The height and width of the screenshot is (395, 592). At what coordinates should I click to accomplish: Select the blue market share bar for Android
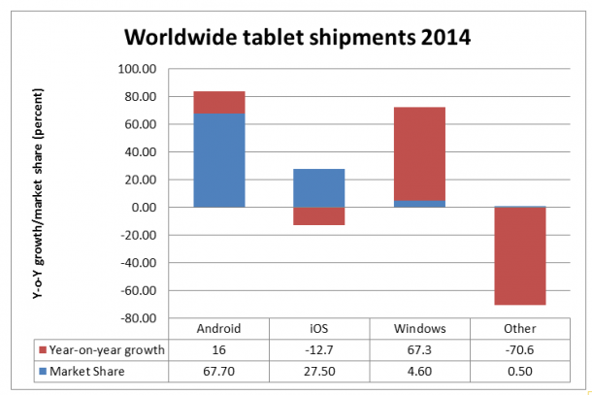tap(218, 160)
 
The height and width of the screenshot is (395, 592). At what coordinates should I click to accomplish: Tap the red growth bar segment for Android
tap(218, 102)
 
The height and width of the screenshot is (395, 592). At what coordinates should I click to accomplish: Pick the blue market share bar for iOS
tap(318, 188)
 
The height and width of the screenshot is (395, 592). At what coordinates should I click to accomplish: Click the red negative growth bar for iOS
tap(318, 215)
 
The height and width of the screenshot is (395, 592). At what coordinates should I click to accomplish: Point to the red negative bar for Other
tap(519, 256)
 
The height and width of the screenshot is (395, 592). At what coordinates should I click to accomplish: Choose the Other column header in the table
tap(519, 329)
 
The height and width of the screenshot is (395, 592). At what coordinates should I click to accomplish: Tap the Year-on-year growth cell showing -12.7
tap(318, 349)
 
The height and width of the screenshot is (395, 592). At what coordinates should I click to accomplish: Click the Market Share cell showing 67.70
tap(218, 370)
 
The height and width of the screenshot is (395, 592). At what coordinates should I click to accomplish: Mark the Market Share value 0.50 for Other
tap(519, 370)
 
